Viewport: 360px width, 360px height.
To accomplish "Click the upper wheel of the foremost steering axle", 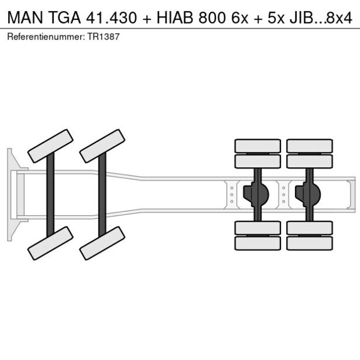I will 50,146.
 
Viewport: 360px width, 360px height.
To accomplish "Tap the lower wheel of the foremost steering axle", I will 50,243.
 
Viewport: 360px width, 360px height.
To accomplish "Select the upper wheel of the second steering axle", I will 102,146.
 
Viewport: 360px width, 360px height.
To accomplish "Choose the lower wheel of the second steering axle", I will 102,243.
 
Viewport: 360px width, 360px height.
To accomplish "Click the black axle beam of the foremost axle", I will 51,195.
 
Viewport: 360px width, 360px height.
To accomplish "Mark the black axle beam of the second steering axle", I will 102,195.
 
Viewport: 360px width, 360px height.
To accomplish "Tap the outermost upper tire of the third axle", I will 258,145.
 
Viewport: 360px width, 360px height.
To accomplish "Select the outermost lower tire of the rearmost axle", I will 309,243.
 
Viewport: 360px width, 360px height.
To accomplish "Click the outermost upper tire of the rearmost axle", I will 309,145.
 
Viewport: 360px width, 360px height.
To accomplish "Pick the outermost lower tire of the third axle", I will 258,243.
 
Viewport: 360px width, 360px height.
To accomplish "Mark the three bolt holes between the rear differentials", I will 283,195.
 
